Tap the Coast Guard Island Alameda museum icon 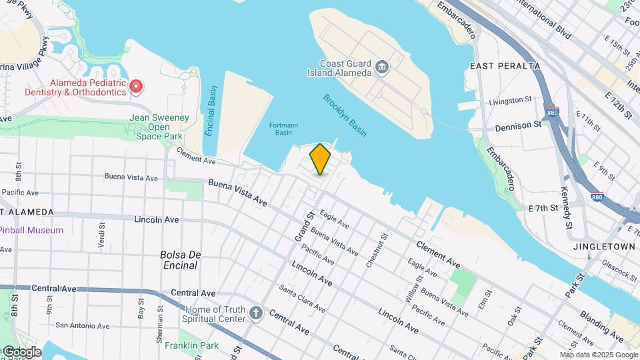coord(382,66)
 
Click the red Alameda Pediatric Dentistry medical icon coord(136,86)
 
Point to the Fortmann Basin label coord(284,129)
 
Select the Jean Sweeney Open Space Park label coord(159,127)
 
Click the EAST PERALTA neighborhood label coord(505,66)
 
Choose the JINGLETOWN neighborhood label coord(604,246)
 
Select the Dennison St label coord(518,125)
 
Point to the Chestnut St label coord(377,249)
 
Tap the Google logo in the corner coord(21,351)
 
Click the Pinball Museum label coord(32,230)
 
